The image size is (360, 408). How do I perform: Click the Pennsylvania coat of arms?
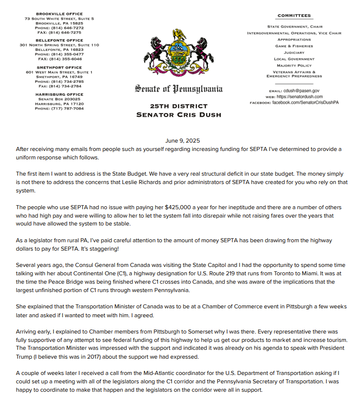[x=179, y=54]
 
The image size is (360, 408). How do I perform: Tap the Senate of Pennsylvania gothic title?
[x=179, y=89]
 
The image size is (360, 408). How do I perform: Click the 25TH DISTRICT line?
[x=179, y=106]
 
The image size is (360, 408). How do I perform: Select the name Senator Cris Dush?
[x=179, y=115]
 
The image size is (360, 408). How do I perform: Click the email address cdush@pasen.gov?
[x=301, y=91]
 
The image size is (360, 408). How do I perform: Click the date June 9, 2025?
[x=180, y=140]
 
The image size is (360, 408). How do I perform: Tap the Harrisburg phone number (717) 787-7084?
[x=66, y=109]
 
